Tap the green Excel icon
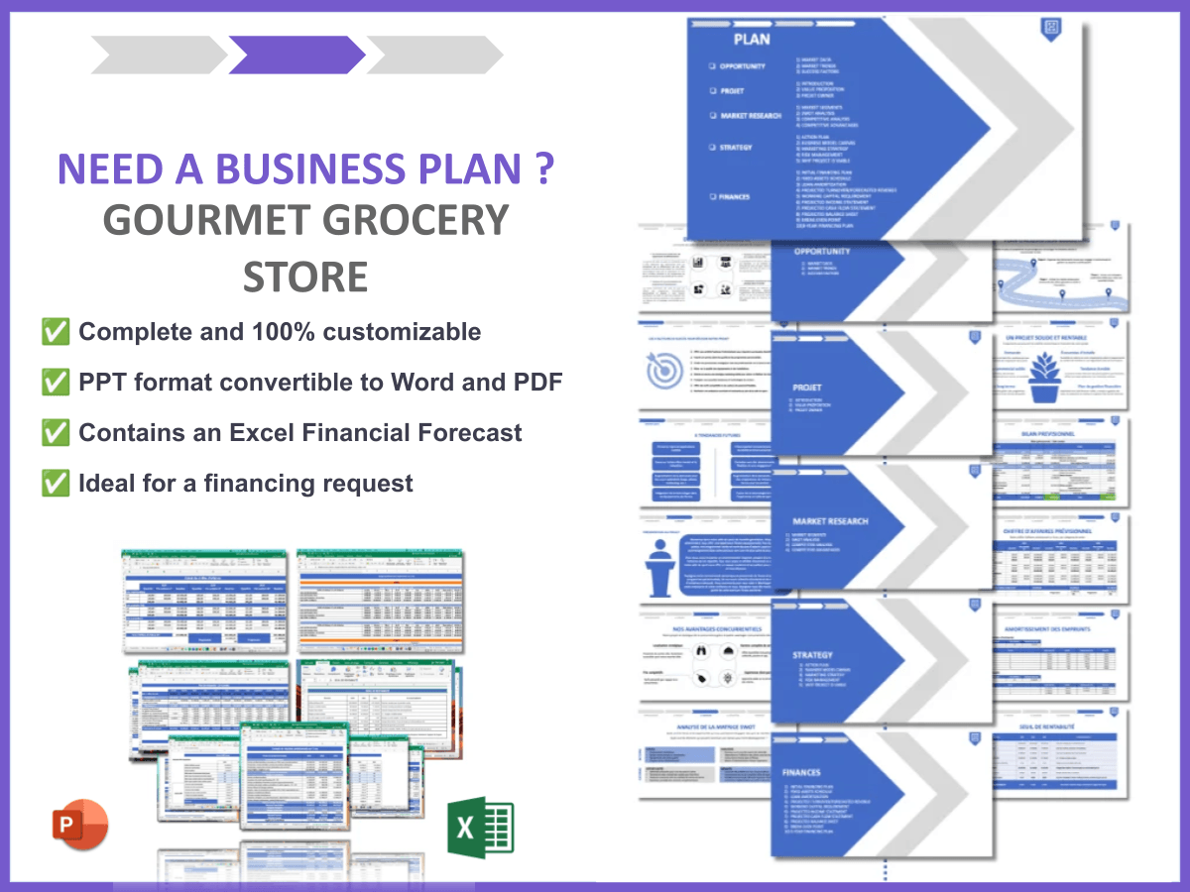click(481, 827)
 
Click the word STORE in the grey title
click(305, 277)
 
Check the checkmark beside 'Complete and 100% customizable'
click(56, 332)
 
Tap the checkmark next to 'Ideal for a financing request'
click(56, 484)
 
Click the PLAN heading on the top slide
click(752, 40)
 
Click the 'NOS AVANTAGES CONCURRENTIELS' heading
click(702, 628)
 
